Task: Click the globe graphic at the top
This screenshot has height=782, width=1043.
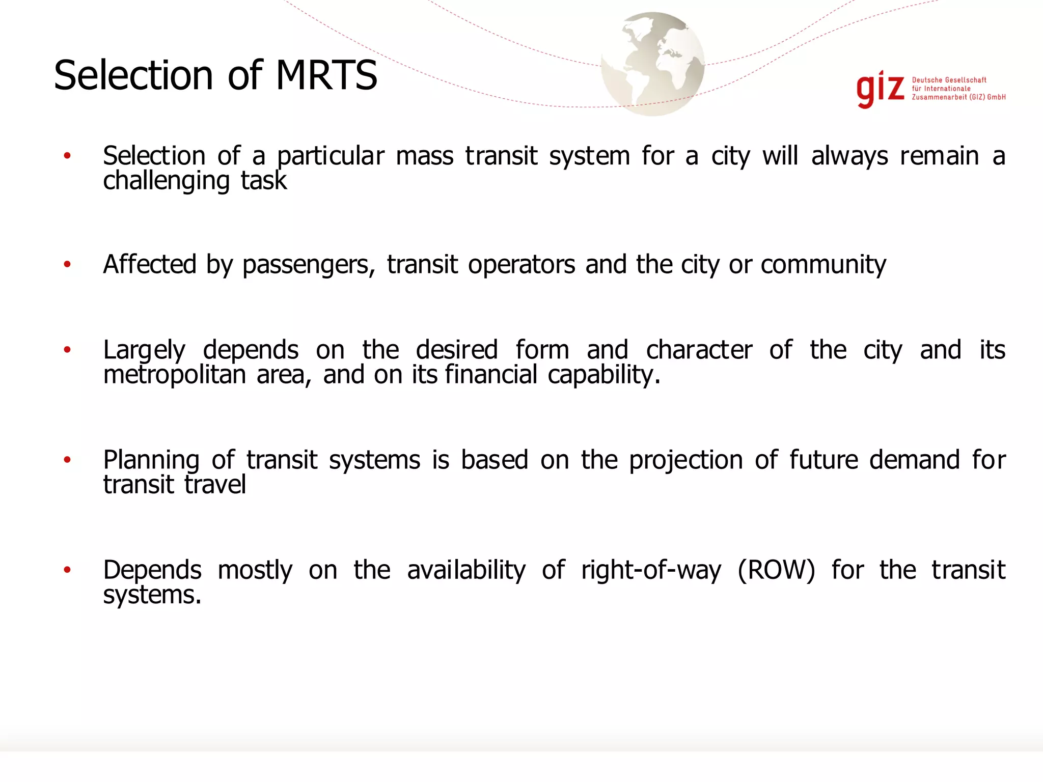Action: [652, 64]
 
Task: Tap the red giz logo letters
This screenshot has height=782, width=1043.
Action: [880, 90]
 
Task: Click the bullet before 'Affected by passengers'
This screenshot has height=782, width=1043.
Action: [67, 264]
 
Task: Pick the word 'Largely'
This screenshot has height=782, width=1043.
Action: [144, 351]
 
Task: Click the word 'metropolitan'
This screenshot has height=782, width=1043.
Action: [175, 375]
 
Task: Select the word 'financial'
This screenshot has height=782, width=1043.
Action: [491, 375]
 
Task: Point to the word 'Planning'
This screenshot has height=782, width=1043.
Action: [151, 461]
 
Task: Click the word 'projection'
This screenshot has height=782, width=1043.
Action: [686, 461]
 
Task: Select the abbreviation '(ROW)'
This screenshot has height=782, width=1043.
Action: [776, 570]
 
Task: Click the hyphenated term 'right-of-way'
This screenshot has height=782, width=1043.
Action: [651, 571]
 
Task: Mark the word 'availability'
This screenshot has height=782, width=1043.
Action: [466, 570]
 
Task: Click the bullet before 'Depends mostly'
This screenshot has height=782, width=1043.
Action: [67, 570]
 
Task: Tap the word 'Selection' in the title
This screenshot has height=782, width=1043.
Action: [133, 75]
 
